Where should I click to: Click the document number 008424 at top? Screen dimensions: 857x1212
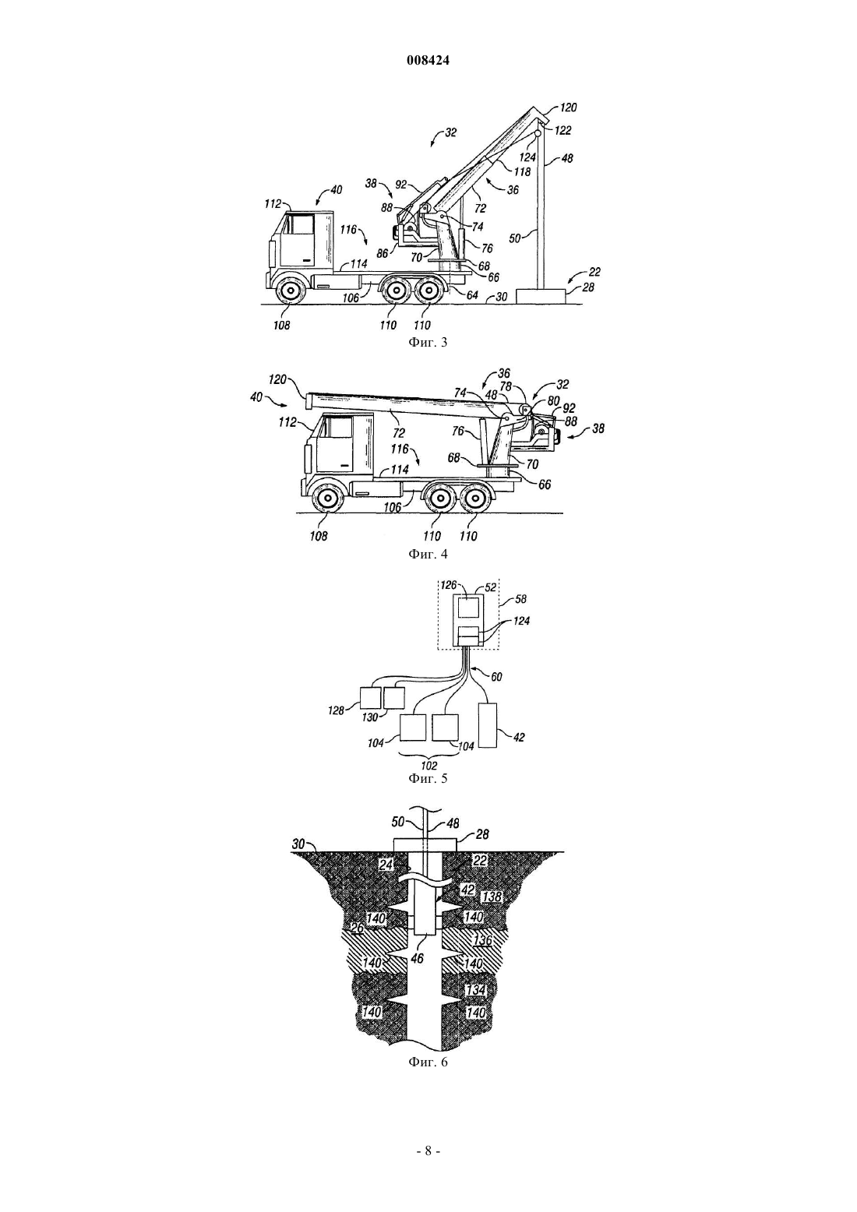[x=428, y=61]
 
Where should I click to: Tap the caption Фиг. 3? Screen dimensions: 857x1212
[x=428, y=343]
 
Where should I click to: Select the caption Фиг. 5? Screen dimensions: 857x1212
[x=428, y=779]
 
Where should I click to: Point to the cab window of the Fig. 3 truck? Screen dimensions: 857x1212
[x=299, y=224]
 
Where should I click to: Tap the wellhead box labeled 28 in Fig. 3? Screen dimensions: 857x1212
[x=541, y=296]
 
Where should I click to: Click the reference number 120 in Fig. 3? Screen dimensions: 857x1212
[x=568, y=107]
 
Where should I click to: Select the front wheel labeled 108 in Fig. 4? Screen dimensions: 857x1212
[x=327, y=498]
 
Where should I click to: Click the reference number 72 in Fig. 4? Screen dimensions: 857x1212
[x=399, y=433]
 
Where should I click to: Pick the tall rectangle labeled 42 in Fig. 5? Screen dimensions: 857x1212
[x=488, y=726]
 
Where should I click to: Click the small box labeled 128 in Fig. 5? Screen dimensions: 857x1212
[x=371, y=698]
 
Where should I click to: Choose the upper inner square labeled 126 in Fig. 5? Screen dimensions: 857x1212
[x=468, y=606]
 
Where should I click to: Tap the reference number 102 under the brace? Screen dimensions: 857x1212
[x=428, y=766]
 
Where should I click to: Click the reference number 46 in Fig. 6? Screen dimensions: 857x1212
[x=417, y=958]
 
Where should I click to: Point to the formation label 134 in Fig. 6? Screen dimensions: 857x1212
[x=475, y=990]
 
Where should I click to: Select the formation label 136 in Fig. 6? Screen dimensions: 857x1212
[x=482, y=940]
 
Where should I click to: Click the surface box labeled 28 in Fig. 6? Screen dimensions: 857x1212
[x=426, y=845]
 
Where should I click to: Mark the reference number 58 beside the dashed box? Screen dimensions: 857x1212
[x=520, y=599]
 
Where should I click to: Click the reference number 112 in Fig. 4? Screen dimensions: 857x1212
[x=288, y=421]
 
